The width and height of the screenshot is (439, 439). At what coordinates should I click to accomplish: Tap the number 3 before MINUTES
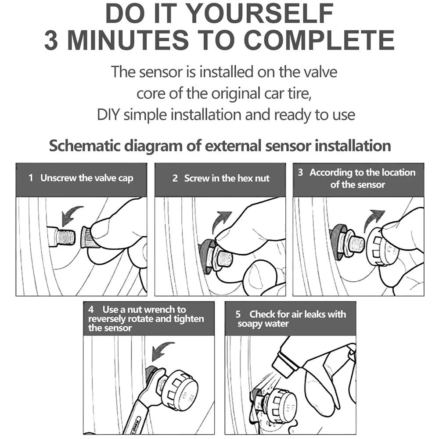[51, 40]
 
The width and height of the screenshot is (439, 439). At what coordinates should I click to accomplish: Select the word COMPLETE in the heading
[320, 40]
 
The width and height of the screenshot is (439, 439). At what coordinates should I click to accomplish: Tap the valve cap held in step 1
[87, 237]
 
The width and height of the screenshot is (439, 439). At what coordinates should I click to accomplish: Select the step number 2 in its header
[175, 178]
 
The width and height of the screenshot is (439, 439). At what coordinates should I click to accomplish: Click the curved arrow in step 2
[220, 221]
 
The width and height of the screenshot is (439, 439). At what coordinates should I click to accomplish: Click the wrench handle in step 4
[137, 417]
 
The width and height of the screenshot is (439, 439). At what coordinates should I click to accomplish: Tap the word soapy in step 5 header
[249, 324]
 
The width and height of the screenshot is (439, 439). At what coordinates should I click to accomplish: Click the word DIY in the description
[108, 115]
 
